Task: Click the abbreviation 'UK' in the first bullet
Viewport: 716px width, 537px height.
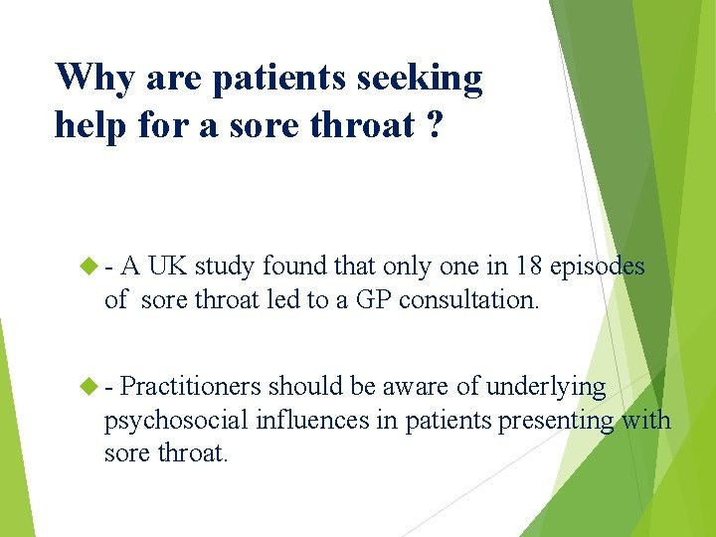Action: tap(168, 267)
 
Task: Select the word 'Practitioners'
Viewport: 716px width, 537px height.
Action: tap(191, 386)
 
